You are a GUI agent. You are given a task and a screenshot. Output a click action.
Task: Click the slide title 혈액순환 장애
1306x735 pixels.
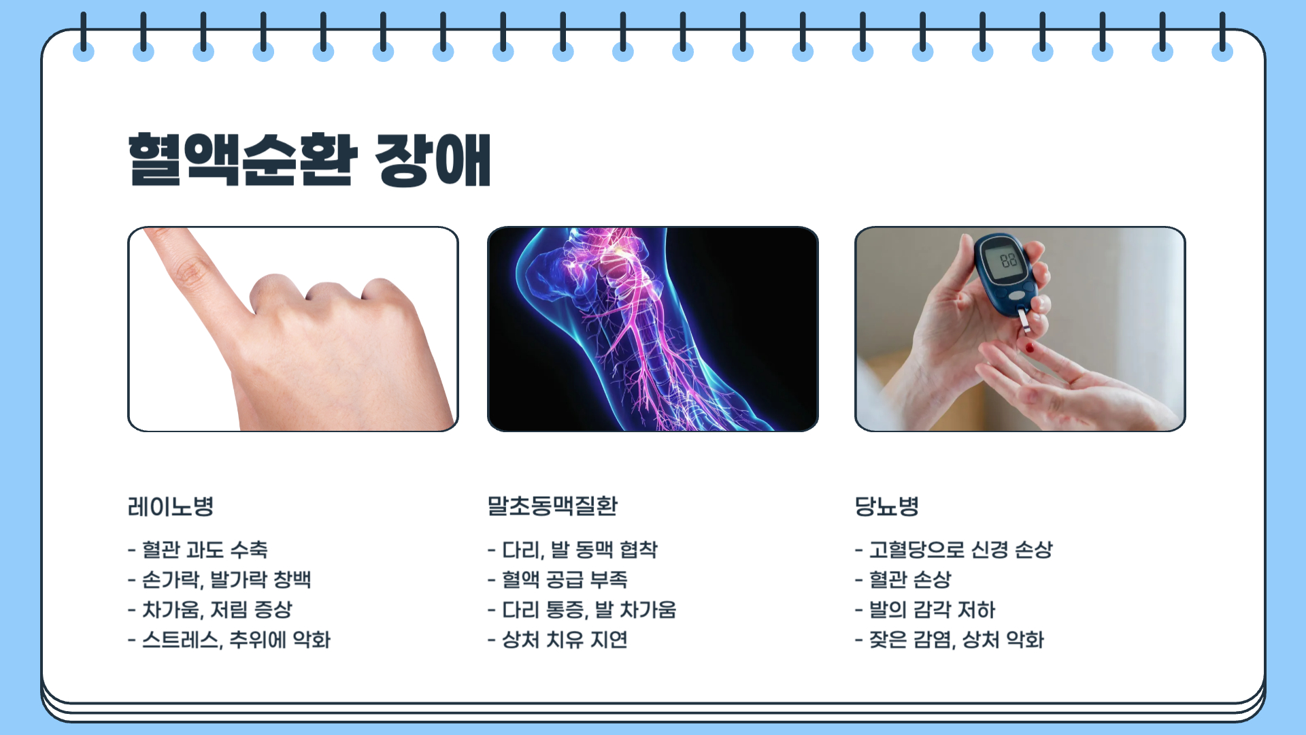coord(309,160)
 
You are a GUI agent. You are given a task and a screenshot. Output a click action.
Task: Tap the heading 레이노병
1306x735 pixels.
coord(171,506)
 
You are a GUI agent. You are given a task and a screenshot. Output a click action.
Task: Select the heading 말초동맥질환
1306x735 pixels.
coord(552,506)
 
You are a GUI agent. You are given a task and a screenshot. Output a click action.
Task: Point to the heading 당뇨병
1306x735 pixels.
coord(887,506)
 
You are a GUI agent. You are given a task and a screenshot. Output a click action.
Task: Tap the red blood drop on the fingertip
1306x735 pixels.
coord(1029,348)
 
